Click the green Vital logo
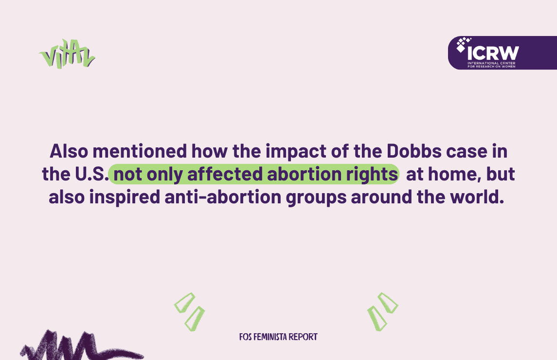click(x=67, y=54)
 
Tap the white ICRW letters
click(x=493, y=54)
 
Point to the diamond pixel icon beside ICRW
click(x=463, y=44)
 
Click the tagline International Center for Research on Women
click(x=491, y=65)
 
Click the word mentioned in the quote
click(x=140, y=151)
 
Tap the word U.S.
click(x=91, y=174)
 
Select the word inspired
click(x=125, y=198)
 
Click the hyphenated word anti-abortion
click(x=223, y=197)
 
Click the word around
click(x=381, y=197)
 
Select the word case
click(x=467, y=152)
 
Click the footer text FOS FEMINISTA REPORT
click(x=278, y=337)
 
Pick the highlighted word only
click(x=164, y=175)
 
